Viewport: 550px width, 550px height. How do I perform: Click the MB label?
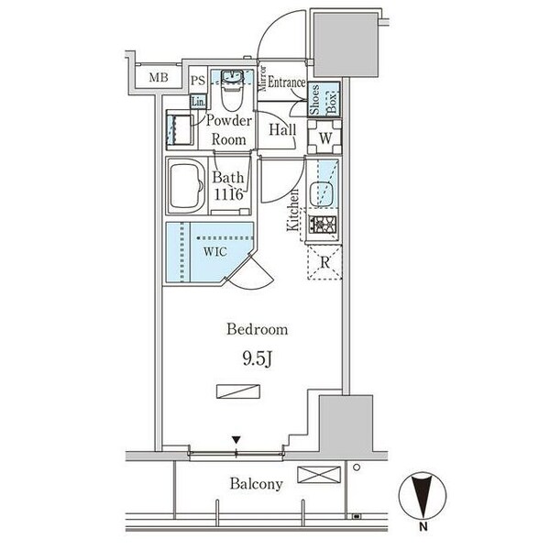159,77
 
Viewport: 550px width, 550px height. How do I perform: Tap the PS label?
198,81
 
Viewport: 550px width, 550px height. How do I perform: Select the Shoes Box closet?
324,99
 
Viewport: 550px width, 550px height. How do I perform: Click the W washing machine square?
324,137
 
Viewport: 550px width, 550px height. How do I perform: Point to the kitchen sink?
321,193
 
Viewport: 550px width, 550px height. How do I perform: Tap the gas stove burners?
323,225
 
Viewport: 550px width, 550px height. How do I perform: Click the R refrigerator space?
324,262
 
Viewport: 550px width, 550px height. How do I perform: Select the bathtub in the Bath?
187,185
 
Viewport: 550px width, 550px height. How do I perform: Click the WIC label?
215,251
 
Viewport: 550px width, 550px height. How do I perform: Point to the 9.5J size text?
257,358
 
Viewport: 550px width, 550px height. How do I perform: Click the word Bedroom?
257,329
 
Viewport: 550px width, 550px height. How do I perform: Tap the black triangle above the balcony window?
236,440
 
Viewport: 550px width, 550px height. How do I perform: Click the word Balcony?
257,484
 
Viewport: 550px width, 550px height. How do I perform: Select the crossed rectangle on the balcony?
319,475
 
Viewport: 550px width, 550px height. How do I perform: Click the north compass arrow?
423,495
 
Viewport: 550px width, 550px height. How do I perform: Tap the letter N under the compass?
423,526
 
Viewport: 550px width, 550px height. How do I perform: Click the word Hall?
282,130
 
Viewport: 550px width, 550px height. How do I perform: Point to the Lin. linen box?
198,102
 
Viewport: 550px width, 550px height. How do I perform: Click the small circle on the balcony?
357,467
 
